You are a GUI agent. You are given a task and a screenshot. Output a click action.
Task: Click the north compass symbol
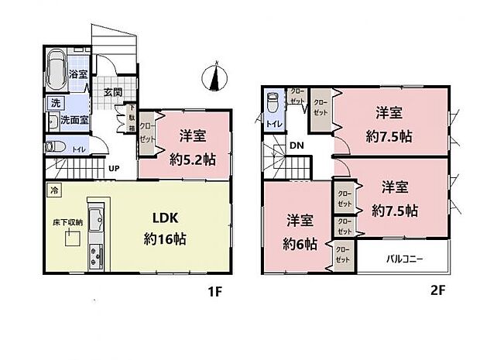216,76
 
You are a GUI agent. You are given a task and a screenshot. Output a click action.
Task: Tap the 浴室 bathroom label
77,75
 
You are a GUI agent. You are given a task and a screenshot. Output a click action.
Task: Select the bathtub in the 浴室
57,72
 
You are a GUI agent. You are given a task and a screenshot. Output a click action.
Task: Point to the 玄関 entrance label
114,92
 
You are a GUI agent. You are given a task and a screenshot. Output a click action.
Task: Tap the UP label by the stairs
114,168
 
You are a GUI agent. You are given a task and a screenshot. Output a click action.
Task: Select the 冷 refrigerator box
53,188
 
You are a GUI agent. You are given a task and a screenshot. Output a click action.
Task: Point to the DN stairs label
297,145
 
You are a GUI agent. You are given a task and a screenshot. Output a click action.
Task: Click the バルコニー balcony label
404,259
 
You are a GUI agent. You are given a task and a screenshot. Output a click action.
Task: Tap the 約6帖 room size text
298,244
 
